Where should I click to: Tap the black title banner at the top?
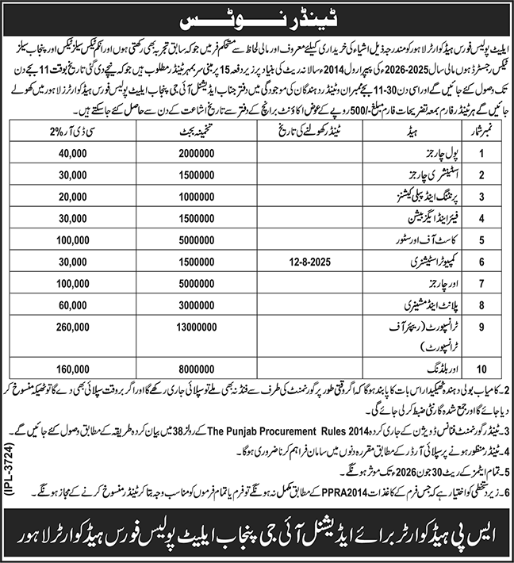click(257, 16)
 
